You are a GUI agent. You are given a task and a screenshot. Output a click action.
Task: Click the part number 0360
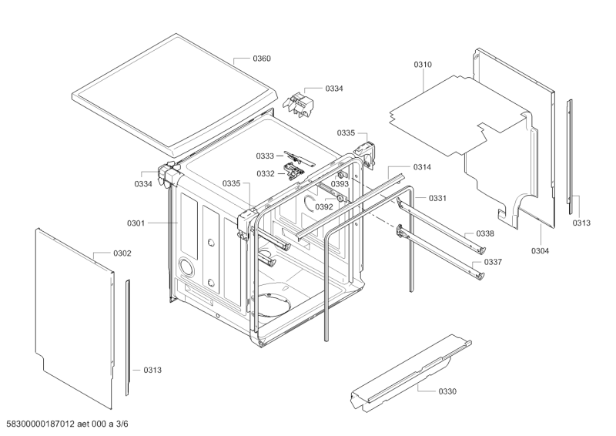pos(263,59)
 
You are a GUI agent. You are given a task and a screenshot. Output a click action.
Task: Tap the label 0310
pos(423,65)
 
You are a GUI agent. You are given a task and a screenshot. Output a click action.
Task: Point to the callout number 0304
pos(540,250)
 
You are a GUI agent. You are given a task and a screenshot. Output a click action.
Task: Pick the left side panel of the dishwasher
pos(73,308)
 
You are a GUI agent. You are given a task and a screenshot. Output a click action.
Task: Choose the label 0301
pos(136,223)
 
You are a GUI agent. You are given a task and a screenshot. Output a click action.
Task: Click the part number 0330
pos(447,391)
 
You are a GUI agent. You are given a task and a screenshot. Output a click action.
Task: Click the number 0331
pos(437,199)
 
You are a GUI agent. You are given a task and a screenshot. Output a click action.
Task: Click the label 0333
pos(265,157)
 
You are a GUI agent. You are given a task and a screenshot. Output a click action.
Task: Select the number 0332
pos(265,173)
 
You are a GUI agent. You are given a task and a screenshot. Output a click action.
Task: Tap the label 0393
pos(340,184)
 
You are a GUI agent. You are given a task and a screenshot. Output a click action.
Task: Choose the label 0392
pos(323,206)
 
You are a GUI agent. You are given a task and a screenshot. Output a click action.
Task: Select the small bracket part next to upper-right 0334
pos(299,101)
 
